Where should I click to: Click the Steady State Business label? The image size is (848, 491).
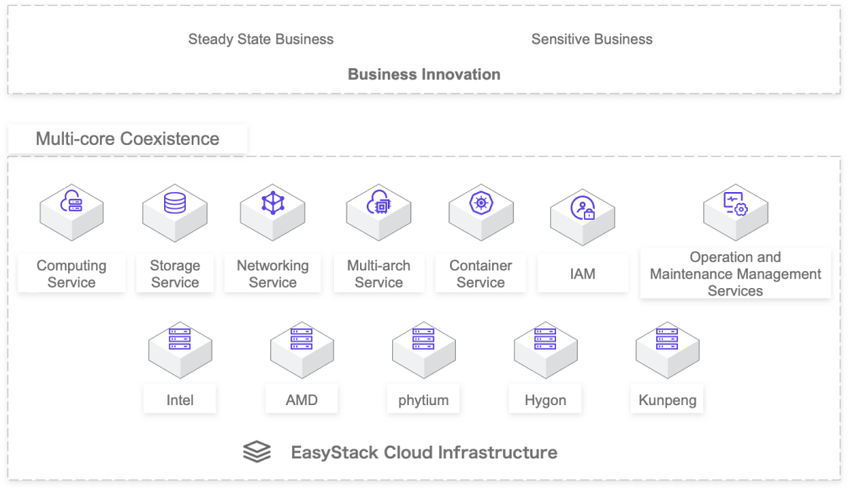(261, 40)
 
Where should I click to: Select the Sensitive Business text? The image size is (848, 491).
(591, 40)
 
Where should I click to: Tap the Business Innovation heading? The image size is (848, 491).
(424, 74)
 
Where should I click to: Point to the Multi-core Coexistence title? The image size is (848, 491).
(127, 139)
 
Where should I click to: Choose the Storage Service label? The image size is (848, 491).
(175, 274)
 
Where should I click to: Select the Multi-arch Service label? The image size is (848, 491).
(379, 274)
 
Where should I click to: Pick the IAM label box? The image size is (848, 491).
(582, 274)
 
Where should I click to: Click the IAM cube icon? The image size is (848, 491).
(582, 211)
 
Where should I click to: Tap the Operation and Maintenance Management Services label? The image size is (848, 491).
(735, 274)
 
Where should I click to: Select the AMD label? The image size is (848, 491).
(302, 399)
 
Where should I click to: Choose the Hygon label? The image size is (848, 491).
(545, 399)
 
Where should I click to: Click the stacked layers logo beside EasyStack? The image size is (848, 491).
(257, 452)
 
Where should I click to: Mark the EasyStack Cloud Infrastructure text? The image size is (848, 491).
(423, 452)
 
